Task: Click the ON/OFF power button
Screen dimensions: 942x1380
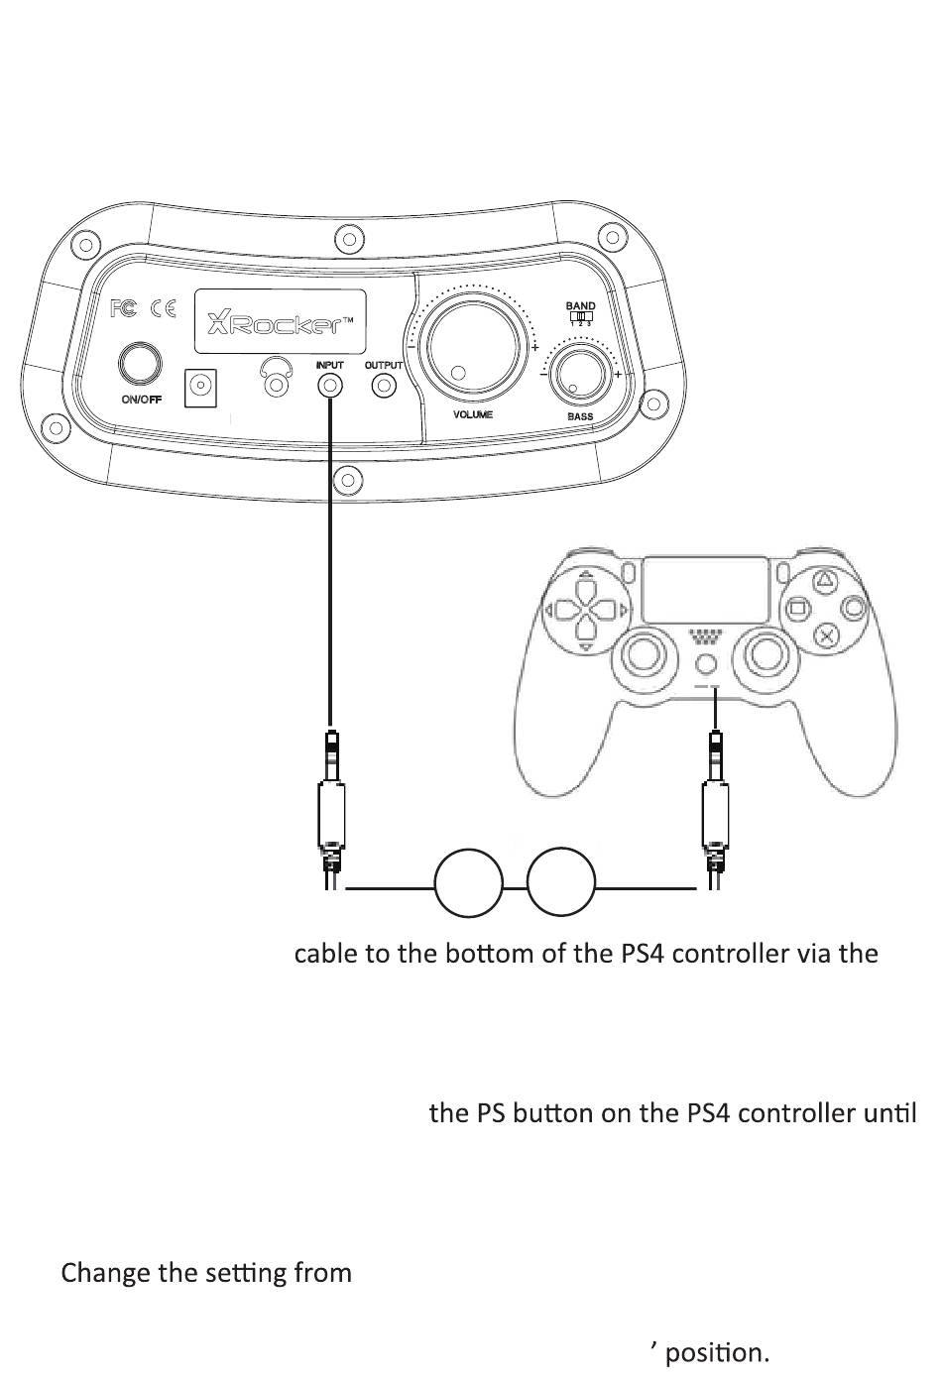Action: point(141,363)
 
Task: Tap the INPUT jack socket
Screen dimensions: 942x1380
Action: point(330,386)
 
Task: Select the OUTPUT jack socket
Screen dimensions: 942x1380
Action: point(384,386)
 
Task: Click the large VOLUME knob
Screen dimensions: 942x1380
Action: point(472,347)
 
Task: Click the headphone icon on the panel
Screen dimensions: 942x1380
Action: point(277,378)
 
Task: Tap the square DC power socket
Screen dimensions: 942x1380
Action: point(201,387)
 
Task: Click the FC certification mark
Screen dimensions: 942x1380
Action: point(122,308)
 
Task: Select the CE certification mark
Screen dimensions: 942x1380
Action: point(163,308)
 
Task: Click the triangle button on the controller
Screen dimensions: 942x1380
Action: point(825,582)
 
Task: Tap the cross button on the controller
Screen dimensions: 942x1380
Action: point(825,634)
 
